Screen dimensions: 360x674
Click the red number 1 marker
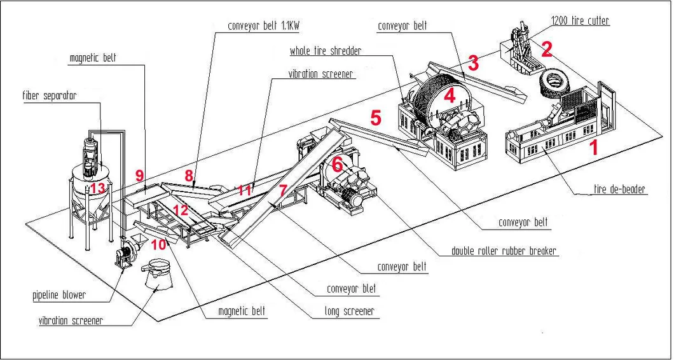(595, 149)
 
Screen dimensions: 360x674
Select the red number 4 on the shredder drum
(450, 97)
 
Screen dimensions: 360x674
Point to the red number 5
(376, 117)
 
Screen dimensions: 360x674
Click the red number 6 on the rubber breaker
(338, 164)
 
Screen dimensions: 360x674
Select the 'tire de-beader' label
(619, 190)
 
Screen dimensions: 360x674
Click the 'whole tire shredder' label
(326, 51)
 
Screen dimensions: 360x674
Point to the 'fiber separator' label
(50, 96)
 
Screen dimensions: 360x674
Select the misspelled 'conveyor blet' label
(351, 289)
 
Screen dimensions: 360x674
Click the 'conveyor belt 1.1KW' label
(266, 27)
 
